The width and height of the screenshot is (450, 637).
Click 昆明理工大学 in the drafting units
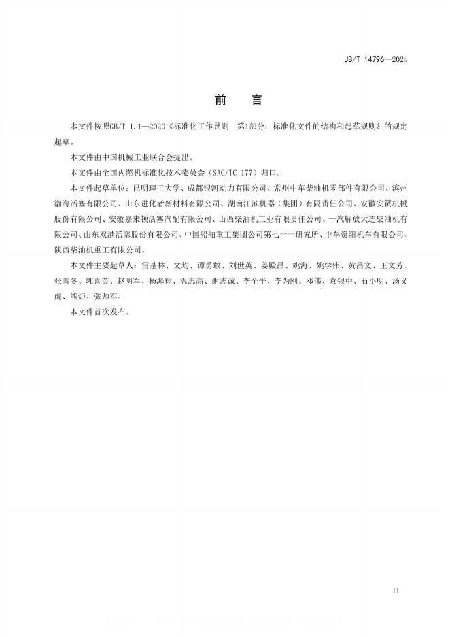click(153, 188)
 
